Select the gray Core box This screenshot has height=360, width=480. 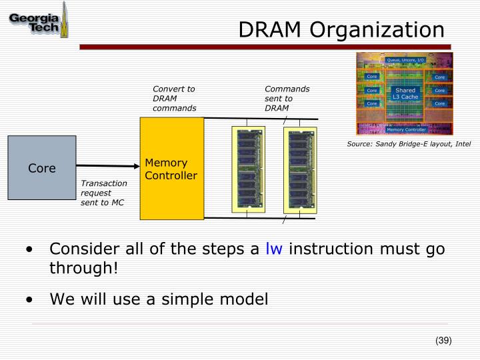[x=41, y=168]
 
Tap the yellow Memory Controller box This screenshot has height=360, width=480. [x=171, y=169]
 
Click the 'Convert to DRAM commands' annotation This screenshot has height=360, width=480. [x=174, y=98]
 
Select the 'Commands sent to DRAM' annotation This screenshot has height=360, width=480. [x=287, y=98]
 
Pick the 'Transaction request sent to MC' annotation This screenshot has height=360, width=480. [x=103, y=193]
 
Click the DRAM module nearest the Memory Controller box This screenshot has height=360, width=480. [x=247, y=169]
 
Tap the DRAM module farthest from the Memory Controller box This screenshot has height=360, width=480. [x=299, y=169]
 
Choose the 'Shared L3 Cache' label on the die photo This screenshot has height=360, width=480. [x=405, y=94]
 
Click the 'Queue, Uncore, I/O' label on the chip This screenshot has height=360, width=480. [x=405, y=60]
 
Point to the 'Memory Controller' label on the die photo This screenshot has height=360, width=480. [x=406, y=129]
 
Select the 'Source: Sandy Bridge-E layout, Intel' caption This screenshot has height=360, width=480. [x=409, y=143]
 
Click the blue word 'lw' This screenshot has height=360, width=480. [x=274, y=249]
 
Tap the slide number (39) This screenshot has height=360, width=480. [x=443, y=340]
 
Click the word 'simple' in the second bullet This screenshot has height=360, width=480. [x=182, y=299]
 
